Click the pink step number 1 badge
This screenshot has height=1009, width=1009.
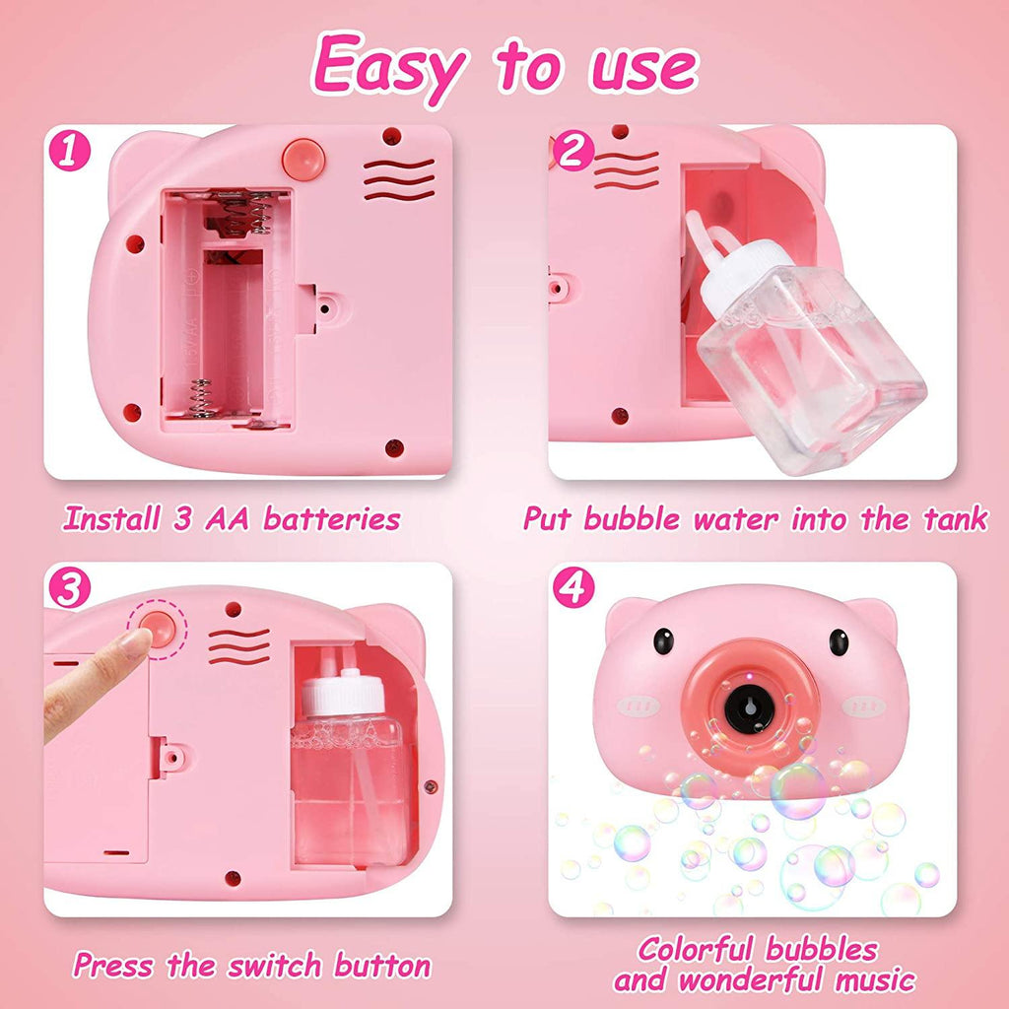[70, 151]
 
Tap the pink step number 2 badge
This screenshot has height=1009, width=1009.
[573, 151]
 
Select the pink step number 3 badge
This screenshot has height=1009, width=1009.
[70, 587]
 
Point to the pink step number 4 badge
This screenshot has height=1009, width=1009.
[573, 587]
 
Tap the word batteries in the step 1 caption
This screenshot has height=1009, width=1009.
[332, 519]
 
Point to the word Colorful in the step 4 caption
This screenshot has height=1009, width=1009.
[695, 950]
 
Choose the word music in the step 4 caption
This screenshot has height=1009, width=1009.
[875, 980]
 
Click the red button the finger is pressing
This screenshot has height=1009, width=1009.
[159, 630]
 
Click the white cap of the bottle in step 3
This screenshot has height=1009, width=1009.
[343, 693]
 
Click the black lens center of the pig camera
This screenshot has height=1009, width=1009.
[750, 708]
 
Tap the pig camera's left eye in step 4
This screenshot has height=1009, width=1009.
[663, 641]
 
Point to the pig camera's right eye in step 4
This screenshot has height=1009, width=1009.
[839, 641]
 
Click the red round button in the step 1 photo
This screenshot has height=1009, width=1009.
[303, 159]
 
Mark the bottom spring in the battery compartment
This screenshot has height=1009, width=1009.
[201, 398]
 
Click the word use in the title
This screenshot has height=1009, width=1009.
[643, 70]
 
